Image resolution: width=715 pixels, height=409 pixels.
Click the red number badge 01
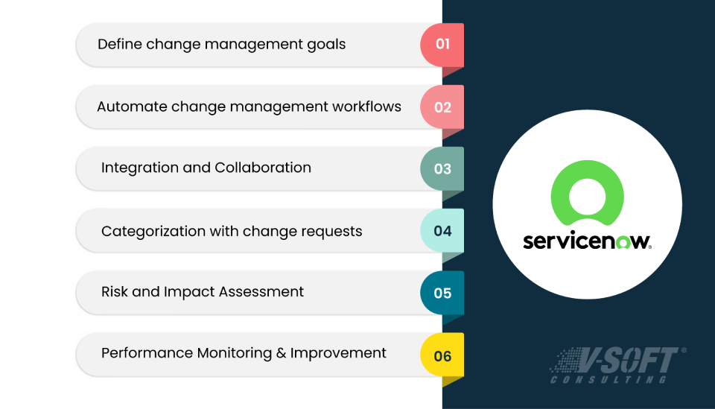pos(442,44)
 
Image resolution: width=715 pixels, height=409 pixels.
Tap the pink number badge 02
pos(442,107)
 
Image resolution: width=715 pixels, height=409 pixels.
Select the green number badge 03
pos(442,168)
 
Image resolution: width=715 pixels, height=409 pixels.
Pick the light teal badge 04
pos(442,231)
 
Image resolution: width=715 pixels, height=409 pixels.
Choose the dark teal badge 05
pos(442,293)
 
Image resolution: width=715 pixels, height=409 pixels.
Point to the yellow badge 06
pos(442,355)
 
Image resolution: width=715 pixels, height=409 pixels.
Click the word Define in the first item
pos(119,44)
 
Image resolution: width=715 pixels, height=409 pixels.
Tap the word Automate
pos(132,107)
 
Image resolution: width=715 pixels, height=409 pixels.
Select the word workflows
pos(366,107)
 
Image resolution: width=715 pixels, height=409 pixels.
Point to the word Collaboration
pos(263,168)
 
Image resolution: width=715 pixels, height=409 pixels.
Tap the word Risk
pos(114,292)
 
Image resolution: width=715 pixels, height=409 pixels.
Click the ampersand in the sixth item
pos(281,353)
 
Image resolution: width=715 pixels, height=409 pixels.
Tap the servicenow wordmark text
pos(586,241)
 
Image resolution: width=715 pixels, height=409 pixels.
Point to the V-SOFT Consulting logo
pos(617,364)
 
